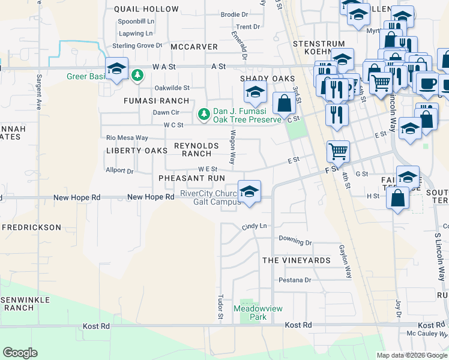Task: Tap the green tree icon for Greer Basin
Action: point(138,75)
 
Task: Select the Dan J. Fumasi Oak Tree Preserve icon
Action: point(204,113)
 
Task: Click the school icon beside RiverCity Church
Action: point(249,192)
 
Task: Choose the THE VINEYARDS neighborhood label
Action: point(297,260)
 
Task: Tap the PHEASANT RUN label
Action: point(191,178)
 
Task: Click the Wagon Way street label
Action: point(232,149)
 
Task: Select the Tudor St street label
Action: point(221,307)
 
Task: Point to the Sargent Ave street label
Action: point(39,92)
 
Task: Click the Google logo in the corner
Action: point(20,352)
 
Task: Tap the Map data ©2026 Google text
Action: point(412,356)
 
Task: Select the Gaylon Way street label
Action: point(345,262)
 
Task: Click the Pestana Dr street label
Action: point(294,280)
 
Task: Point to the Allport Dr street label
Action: point(119,171)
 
